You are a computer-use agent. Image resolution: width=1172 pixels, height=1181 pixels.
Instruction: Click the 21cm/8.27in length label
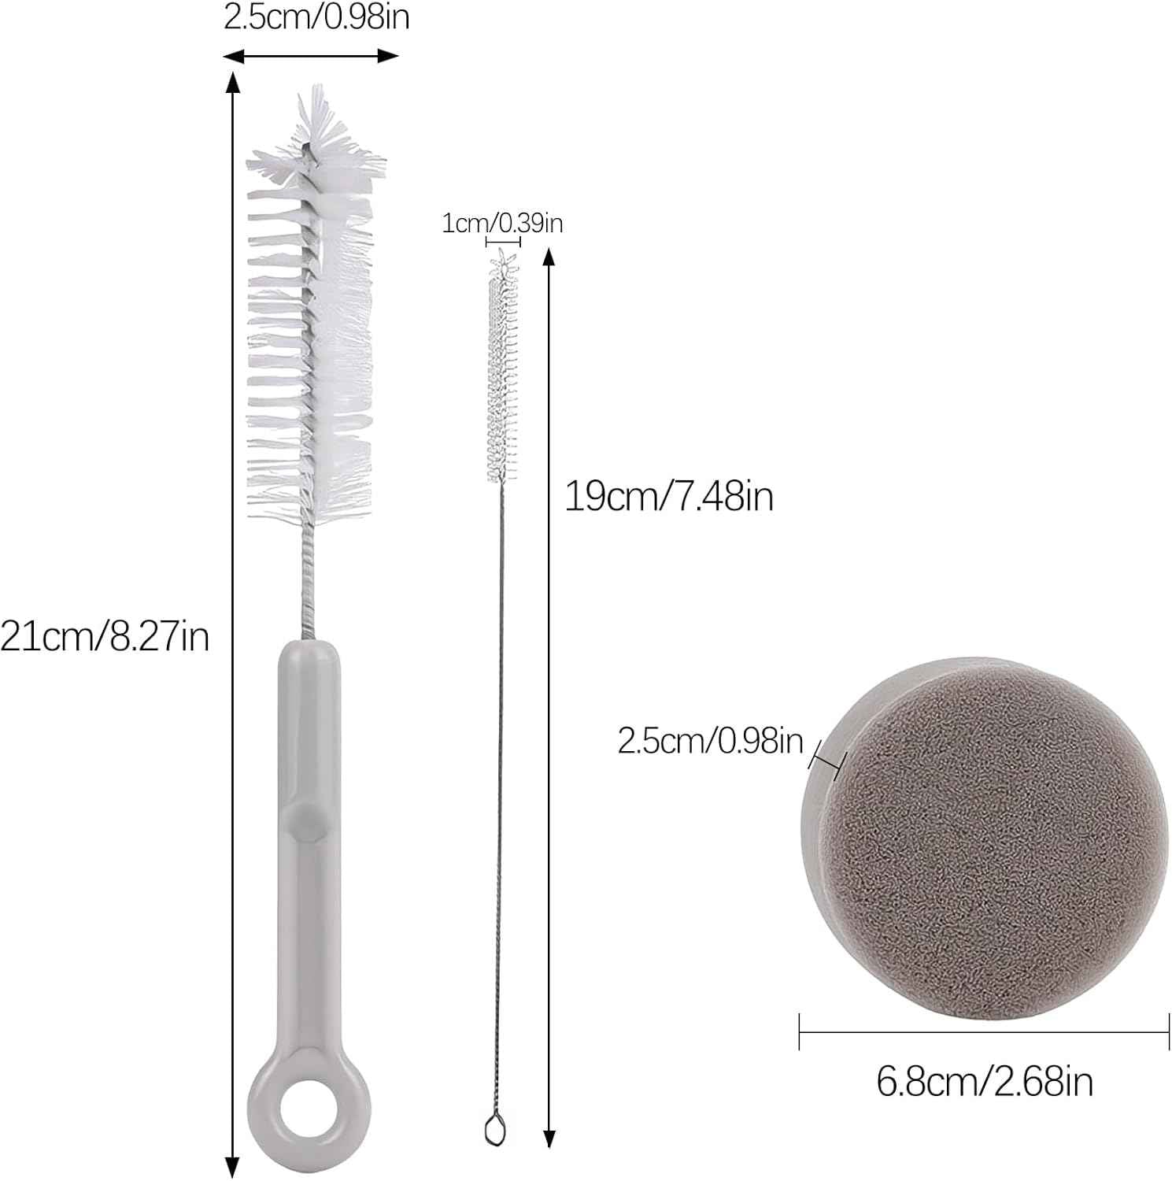[105, 636]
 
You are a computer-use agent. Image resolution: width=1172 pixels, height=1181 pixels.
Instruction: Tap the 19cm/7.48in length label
[669, 497]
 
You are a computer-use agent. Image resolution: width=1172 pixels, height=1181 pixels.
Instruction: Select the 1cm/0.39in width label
[502, 224]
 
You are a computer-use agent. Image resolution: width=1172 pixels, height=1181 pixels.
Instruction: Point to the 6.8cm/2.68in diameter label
[985, 1082]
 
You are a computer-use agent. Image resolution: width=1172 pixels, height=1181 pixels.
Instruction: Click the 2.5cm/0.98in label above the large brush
[316, 17]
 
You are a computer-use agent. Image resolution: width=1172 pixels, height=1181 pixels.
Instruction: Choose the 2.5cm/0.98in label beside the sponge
[711, 741]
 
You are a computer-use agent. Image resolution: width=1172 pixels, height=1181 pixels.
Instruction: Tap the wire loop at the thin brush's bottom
[493, 1131]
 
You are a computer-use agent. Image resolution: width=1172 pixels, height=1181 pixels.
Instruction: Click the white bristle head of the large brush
[309, 307]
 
